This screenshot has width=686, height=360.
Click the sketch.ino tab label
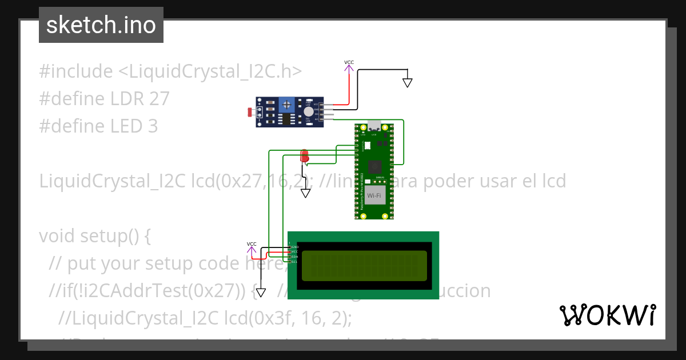tap(101, 25)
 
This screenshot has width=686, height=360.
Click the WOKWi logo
tap(608, 315)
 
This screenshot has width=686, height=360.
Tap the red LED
tap(304, 155)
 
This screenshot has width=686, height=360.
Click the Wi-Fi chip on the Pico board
tap(374, 196)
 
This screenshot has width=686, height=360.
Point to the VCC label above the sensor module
tap(349, 62)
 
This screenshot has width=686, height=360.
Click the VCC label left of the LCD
tap(252, 244)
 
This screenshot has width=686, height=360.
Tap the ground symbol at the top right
tap(407, 82)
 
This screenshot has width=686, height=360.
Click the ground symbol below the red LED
tap(306, 193)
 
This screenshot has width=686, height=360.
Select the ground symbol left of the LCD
tap(261, 293)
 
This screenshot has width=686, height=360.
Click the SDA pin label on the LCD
tap(294, 257)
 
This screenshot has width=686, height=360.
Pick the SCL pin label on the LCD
tap(294, 262)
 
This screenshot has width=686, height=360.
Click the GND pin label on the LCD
tap(295, 247)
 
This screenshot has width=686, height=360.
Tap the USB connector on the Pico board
tap(374, 126)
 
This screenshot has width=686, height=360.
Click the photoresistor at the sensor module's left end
tap(250, 113)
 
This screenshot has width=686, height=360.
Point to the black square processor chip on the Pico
tap(375, 166)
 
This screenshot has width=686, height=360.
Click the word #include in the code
tap(76, 71)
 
